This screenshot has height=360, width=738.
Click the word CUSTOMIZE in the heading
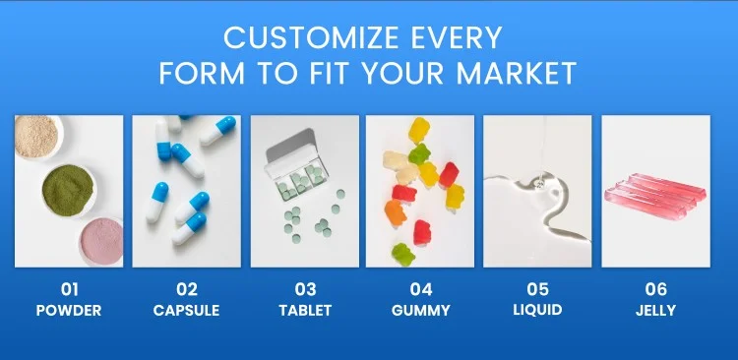coord(313,37)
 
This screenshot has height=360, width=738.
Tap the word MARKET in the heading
coord(517,73)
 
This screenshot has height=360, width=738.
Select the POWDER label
coord(69,310)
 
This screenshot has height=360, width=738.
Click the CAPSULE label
coord(186,310)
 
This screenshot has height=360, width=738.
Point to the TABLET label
coord(305,310)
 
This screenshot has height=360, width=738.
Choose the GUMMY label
coord(421,310)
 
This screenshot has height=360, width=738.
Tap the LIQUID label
coord(537,310)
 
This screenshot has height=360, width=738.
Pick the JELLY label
coord(655,310)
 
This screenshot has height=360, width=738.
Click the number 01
coord(69,289)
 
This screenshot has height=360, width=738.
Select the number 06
coord(656,289)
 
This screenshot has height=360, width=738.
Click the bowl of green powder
coord(68,190)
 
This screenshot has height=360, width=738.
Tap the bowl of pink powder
coord(101,241)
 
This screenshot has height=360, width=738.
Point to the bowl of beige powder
coord(36,137)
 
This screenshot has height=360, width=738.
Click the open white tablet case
coord(295,164)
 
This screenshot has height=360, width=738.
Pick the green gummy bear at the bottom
coord(403,254)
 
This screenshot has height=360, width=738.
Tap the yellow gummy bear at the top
coord(419,131)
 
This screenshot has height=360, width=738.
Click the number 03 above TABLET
coord(305,289)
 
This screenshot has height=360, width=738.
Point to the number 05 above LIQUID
coord(537,289)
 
